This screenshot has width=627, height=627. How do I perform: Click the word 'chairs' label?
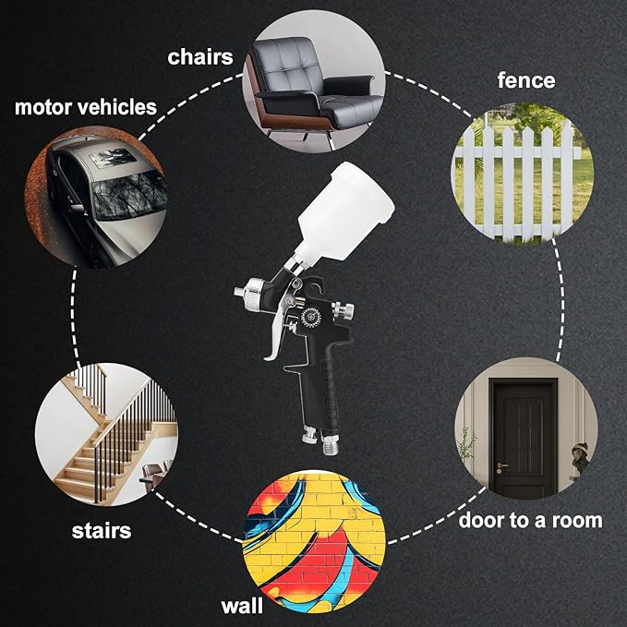pyautogui.click(x=200, y=57)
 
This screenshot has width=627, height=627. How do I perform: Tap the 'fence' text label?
pyautogui.click(x=526, y=80)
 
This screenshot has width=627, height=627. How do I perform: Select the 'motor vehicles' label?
pyautogui.click(x=86, y=107)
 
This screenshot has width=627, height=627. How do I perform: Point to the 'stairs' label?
pyautogui.click(x=102, y=531)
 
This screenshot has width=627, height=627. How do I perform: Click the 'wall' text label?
pyautogui.click(x=242, y=606)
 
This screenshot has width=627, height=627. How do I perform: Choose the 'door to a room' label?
pyautogui.click(x=530, y=520)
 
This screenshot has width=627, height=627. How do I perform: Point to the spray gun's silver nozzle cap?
pyautogui.click(x=250, y=291)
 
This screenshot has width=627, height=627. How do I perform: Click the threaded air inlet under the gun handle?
pyautogui.click(x=330, y=445)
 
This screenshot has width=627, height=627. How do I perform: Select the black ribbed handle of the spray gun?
pyautogui.click(x=322, y=394)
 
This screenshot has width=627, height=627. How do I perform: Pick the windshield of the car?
pyautogui.click(x=128, y=195)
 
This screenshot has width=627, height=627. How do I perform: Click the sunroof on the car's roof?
pyautogui.click(x=113, y=158)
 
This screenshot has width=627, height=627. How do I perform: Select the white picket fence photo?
pyautogui.click(x=523, y=173)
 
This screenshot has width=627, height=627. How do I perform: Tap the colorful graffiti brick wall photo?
pyautogui.click(x=314, y=541)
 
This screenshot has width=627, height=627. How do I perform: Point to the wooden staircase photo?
pyautogui.click(x=106, y=434)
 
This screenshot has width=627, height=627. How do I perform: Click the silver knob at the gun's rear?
pyautogui.click(x=344, y=310)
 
